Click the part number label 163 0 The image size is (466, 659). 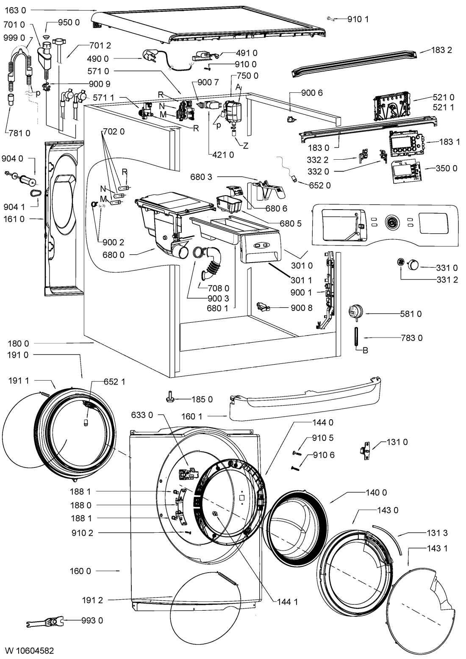[x=15, y=10]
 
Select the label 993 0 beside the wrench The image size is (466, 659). [x=92, y=620]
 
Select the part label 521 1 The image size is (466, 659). [x=444, y=107]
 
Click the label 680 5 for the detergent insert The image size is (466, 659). [x=290, y=223]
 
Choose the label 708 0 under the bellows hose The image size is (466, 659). [x=218, y=288]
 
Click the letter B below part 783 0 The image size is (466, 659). [x=365, y=350]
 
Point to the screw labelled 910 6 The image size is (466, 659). [x=295, y=468]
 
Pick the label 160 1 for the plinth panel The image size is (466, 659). [x=192, y=416]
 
